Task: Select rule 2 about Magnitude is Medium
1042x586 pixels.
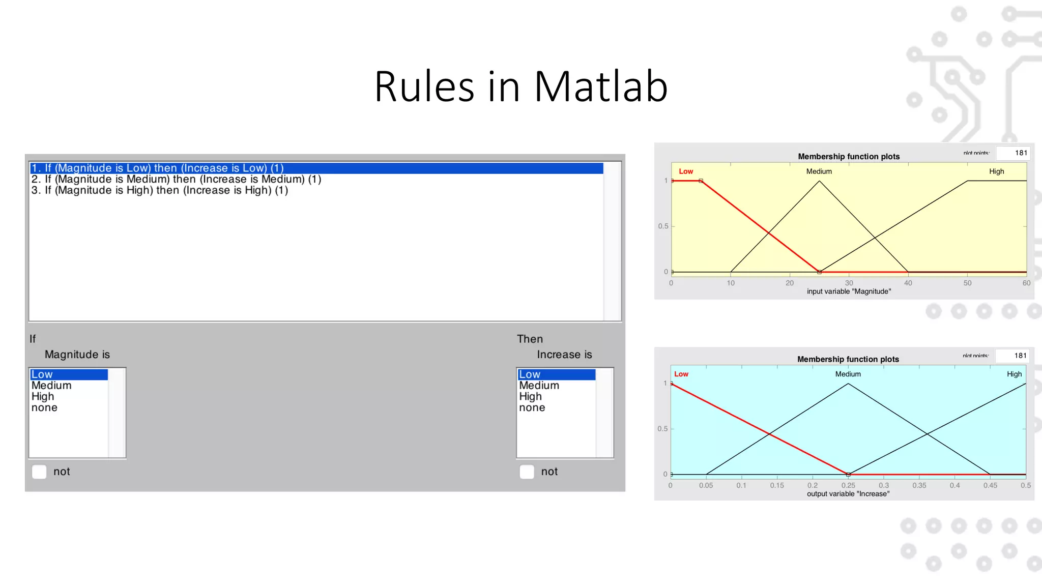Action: (176, 179)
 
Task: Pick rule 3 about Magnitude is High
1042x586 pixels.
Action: (160, 190)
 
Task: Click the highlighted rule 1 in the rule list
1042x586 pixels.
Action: (158, 168)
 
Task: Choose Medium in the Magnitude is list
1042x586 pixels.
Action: (51, 386)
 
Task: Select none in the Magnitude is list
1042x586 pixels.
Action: (44, 407)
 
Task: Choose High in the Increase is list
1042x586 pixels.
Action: (530, 396)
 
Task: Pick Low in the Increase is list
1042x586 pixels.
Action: (530, 374)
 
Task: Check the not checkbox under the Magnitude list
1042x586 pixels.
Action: (39, 472)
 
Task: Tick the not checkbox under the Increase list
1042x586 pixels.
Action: (527, 472)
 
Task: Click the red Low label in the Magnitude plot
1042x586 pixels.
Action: (686, 171)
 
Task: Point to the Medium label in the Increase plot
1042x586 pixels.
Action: (848, 374)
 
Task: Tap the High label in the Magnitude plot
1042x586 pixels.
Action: (996, 171)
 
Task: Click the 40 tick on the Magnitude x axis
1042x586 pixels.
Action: (908, 283)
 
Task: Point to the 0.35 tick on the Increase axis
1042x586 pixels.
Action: (919, 485)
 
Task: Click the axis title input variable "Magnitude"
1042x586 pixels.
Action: (849, 291)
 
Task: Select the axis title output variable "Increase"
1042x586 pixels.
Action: (848, 494)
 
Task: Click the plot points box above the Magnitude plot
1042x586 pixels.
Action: (1012, 153)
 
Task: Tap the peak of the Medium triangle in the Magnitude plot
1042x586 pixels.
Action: (819, 181)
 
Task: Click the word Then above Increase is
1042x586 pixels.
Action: (530, 339)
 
